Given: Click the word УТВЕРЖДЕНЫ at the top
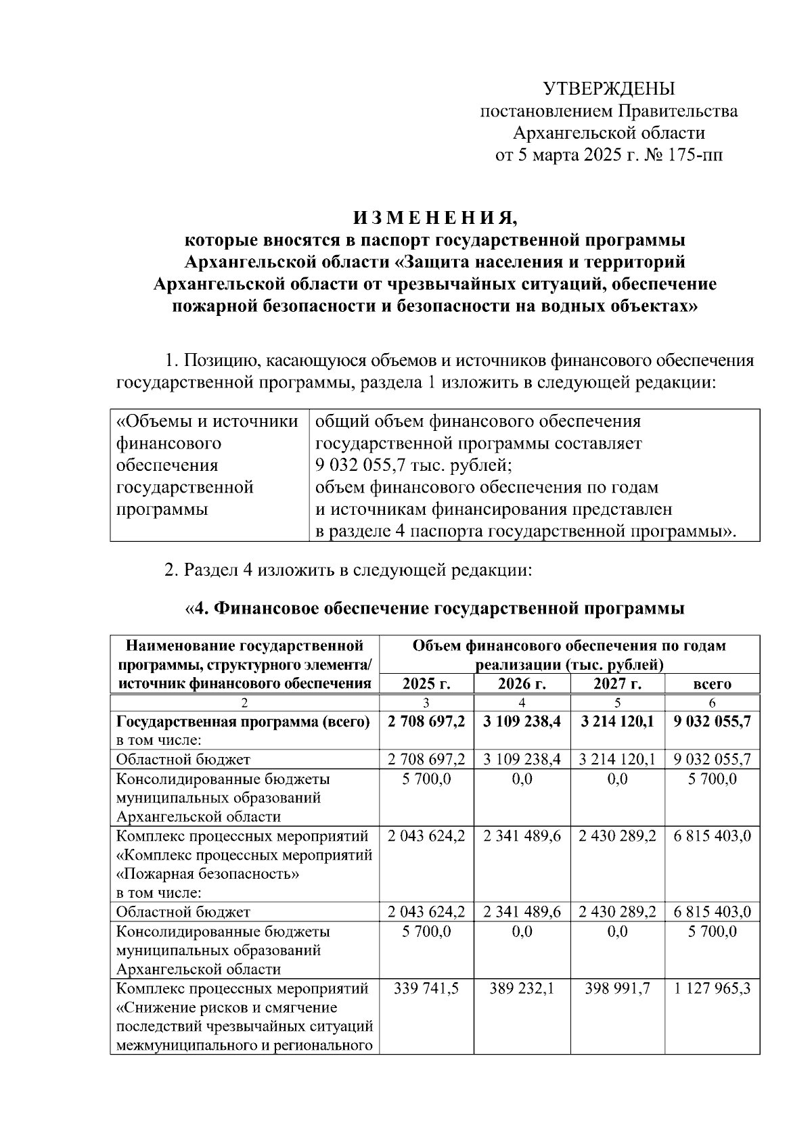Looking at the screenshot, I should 609,89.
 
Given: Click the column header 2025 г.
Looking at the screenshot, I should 426,683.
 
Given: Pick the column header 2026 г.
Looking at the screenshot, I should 522,683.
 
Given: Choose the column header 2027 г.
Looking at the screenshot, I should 617,683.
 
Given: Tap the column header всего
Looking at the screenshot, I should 712,683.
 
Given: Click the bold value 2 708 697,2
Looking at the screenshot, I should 426,721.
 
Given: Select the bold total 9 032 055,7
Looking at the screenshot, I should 712,721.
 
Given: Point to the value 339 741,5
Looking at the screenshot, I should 426,988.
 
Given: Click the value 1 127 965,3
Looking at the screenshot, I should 712,988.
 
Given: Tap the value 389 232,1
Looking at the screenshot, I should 522,988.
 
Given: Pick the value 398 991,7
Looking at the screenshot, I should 617,988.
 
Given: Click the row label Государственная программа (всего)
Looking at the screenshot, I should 243,721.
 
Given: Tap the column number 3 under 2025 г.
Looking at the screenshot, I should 426,703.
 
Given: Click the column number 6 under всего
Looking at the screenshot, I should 712,703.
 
